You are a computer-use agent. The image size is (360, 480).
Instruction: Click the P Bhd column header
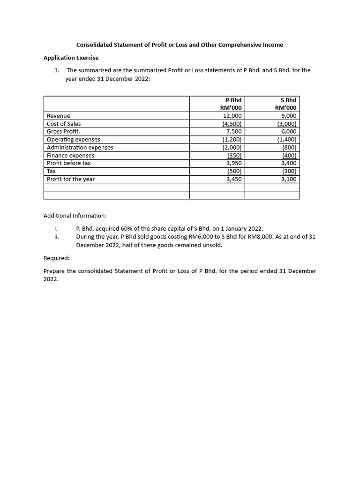(x=233, y=100)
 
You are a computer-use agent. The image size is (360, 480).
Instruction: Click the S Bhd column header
(x=288, y=100)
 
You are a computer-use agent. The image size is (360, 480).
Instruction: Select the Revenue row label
(x=59, y=116)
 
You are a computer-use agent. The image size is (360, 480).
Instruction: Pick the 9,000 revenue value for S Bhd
(x=288, y=116)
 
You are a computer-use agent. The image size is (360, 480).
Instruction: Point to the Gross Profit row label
(x=63, y=132)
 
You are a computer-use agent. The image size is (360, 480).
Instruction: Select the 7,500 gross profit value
(x=233, y=132)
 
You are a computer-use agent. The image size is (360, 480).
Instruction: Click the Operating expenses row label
(x=73, y=140)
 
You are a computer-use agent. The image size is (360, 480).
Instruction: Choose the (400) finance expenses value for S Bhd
(x=289, y=156)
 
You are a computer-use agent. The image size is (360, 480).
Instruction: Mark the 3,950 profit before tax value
(x=233, y=163)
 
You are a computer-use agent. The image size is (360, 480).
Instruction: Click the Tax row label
(x=52, y=171)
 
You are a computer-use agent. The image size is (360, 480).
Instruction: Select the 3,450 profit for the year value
(x=233, y=179)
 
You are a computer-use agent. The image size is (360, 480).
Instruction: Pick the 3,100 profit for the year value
(x=288, y=179)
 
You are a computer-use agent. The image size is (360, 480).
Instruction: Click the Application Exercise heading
(x=71, y=58)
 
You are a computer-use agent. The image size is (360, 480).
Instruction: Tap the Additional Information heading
(x=75, y=216)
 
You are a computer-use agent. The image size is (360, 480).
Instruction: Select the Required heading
(x=57, y=258)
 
